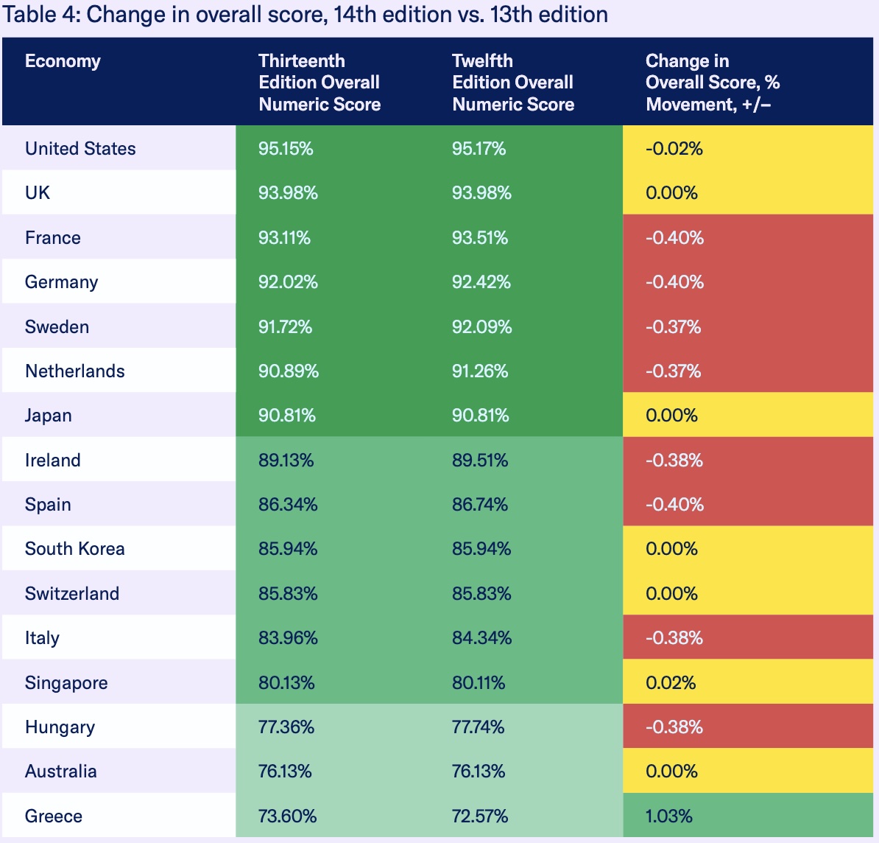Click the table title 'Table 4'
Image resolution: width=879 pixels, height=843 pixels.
point(305,15)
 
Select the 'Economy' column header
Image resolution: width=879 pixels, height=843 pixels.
point(63,61)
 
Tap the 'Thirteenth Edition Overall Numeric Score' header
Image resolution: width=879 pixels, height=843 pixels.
point(319,83)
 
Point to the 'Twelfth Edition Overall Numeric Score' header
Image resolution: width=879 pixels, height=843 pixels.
point(512,83)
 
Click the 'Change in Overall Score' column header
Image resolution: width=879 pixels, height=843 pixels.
point(712,83)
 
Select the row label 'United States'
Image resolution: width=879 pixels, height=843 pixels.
point(80,149)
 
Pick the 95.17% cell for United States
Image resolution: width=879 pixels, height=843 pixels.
point(479,149)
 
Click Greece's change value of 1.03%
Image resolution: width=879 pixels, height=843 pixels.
point(668,816)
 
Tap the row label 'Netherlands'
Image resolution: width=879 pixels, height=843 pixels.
point(74,371)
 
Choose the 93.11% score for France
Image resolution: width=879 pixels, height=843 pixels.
point(284,238)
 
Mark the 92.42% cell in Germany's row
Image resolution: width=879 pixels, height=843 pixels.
point(481,282)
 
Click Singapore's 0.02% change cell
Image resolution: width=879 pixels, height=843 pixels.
point(670,683)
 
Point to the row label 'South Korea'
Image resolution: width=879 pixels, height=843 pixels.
point(74,549)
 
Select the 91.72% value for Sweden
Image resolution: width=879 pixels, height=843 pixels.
point(285,327)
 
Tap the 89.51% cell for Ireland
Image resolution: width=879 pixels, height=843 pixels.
point(479,461)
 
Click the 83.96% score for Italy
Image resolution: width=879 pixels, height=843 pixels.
point(288,638)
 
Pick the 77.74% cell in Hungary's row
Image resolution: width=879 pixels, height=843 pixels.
point(478,727)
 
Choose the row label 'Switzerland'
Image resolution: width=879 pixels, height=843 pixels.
point(71,594)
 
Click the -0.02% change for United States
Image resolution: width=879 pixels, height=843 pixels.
point(674,149)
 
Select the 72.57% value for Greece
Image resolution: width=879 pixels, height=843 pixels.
point(479,816)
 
